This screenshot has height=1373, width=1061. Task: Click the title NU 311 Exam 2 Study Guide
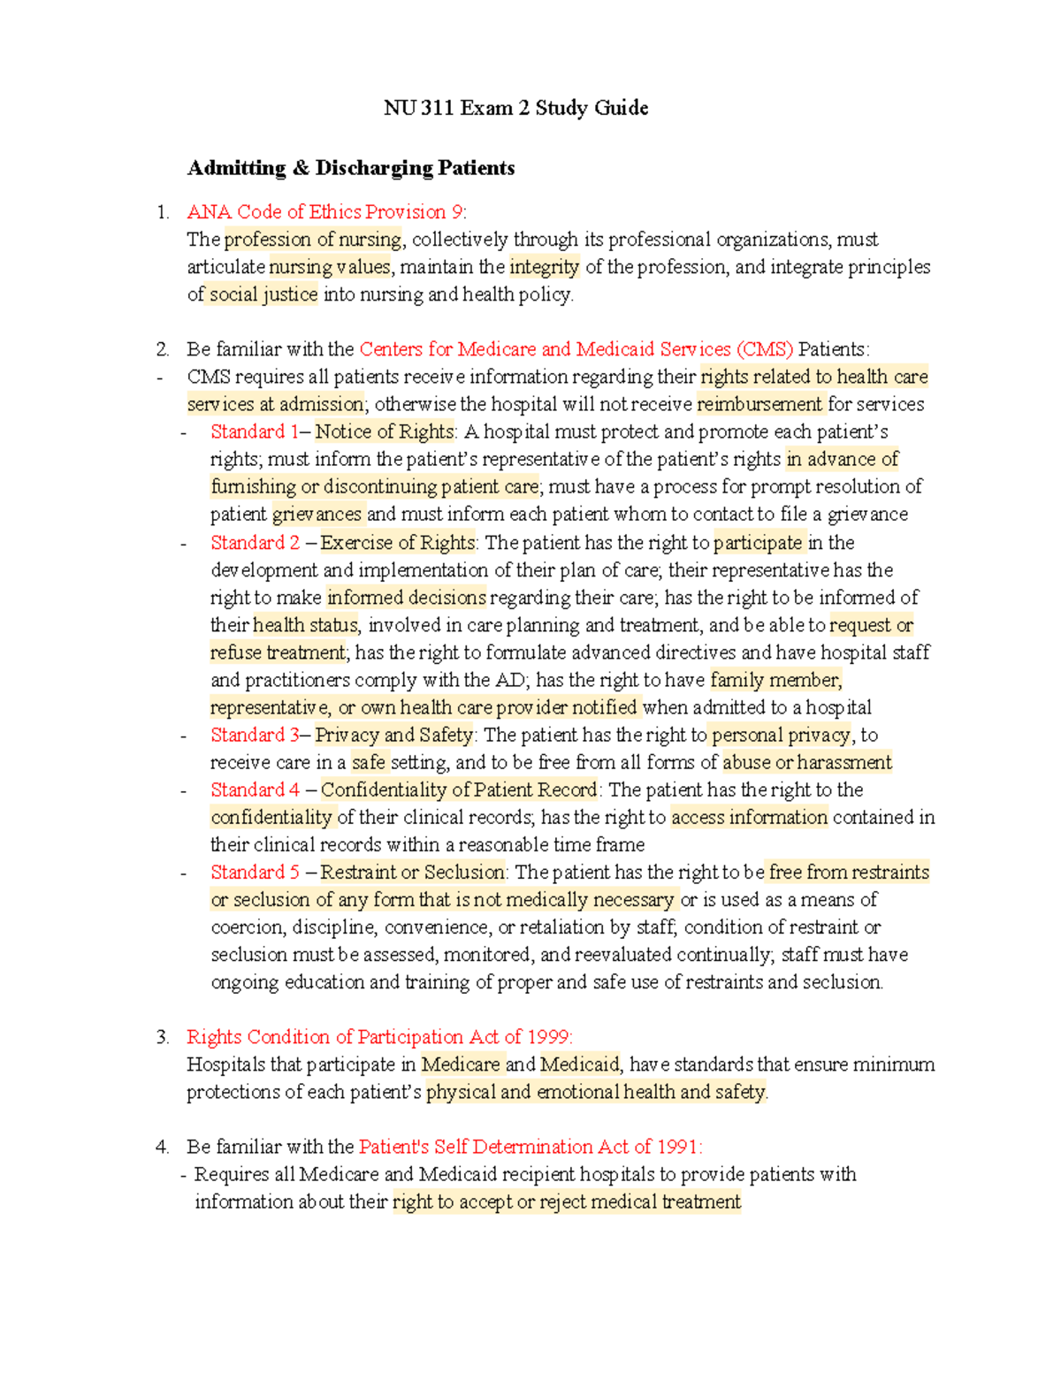point(515,108)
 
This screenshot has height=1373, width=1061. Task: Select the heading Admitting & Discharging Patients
point(351,168)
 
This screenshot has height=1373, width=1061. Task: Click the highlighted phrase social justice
point(263,294)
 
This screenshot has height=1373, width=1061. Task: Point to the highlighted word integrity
point(544,267)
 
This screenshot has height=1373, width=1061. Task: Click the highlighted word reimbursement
point(759,404)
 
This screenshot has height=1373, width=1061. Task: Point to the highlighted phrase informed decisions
point(406,598)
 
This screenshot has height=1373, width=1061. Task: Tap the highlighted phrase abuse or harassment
point(806,762)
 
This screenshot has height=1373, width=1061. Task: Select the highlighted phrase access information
point(749,817)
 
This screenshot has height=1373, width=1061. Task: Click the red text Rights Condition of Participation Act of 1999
point(378,1037)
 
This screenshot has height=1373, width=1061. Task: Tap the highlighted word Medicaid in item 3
point(580,1064)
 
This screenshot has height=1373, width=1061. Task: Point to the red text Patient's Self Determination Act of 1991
point(530,1147)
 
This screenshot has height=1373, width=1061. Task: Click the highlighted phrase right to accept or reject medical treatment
point(566,1201)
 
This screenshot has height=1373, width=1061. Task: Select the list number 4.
point(162,1147)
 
